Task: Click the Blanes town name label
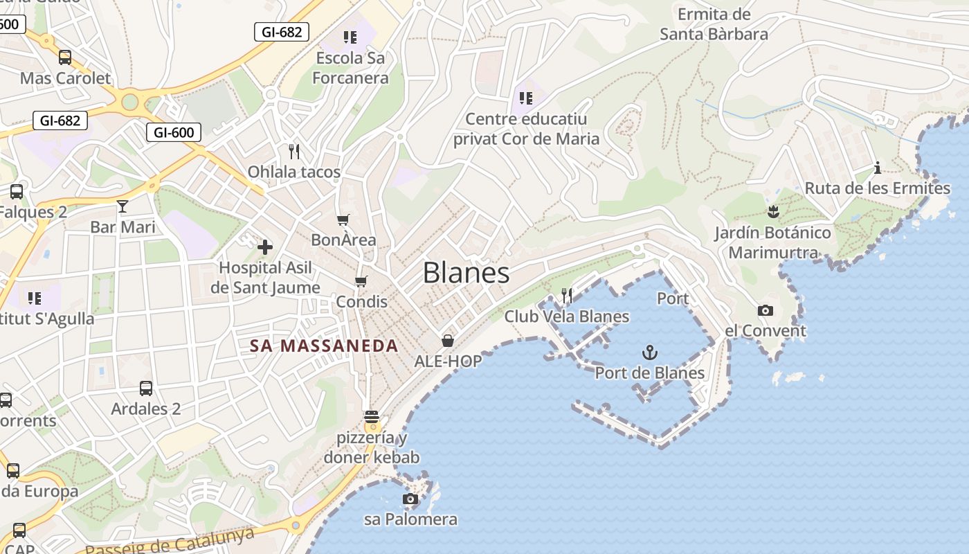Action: pyautogui.click(x=466, y=273)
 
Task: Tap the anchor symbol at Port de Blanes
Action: pyautogui.click(x=649, y=353)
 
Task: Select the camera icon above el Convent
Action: pyautogui.click(x=765, y=310)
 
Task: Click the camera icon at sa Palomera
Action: pyautogui.click(x=410, y=499)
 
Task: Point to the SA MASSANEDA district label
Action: pyautogui.click(x=324, y=346)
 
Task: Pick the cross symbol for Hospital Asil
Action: pyautogui.click(x=265, y=247)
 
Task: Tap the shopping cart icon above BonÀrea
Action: pyautogui.click(x=343, y=220)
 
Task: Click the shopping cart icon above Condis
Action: pyautogui.click(x=361, y=281)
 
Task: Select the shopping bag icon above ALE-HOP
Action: pyautogui.click(x=448, y=341)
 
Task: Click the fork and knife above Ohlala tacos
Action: pyautogui.click(x=294, y=151)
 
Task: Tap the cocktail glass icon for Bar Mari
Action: pyautogui.click(x=123, y=206)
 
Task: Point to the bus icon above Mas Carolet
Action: pyautogui.click(x=65, y=57)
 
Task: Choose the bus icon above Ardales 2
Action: pyautogui.click(x=145, y=388)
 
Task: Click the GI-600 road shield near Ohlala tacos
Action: pyautogui.click(x=174, y=132)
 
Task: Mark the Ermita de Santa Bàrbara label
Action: pyautogui.click(x=714, y=24)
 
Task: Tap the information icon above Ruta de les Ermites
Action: pyautogui.click(x=878, y=168)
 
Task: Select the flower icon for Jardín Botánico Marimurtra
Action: pyautogui.click(x=773, y=212)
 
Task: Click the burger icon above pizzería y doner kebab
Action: pyautogui.click(x=372, y=417)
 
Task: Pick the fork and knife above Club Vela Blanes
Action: pyautogui.click(x=567, y=296)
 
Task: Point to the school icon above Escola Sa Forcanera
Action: pyautogui.click(x=350, y=37)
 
